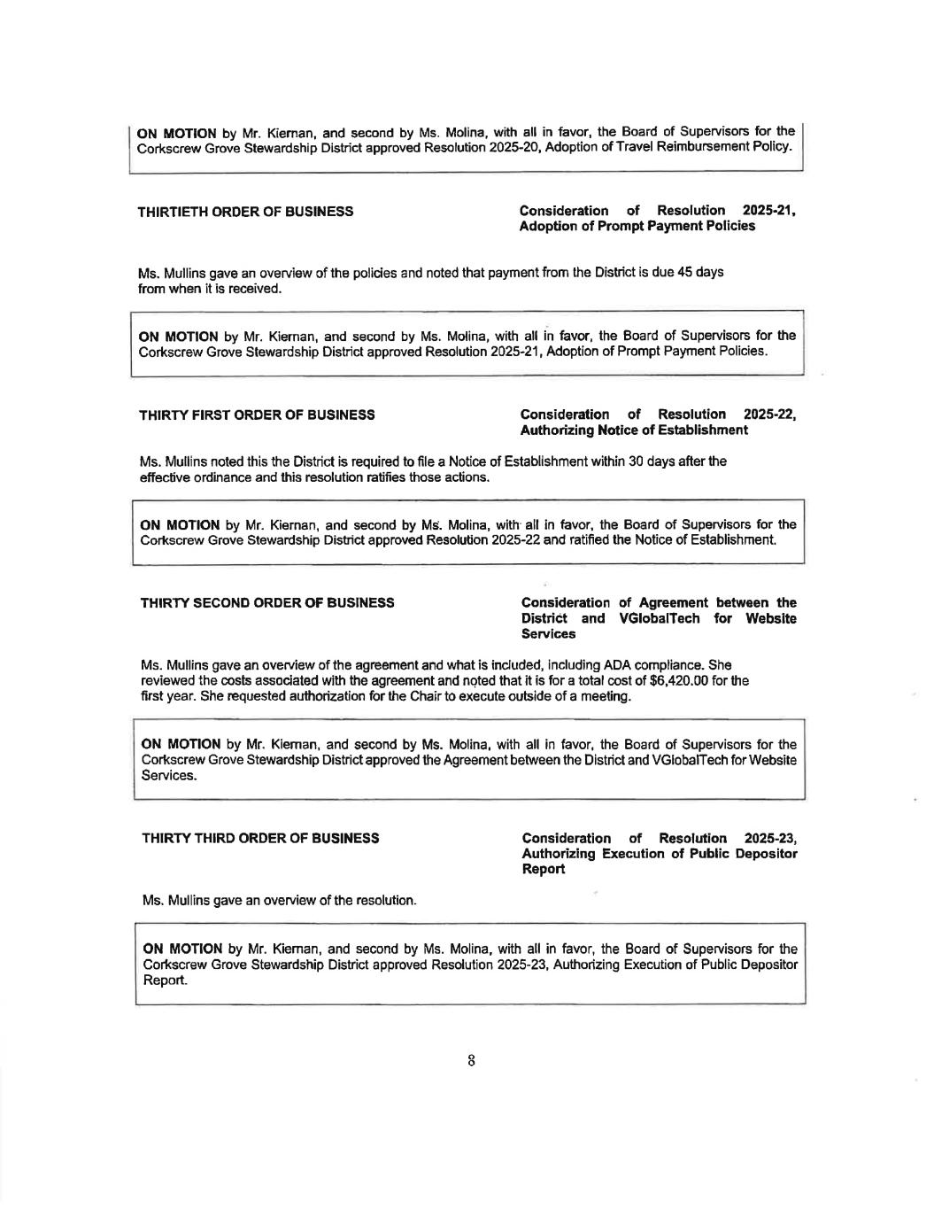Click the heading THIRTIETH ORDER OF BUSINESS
(246, 211)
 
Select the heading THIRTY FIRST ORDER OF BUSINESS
(257, 415)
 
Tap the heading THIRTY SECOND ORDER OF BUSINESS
(268, 603)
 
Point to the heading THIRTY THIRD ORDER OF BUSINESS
(261, 838)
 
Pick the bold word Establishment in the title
(697, 430)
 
